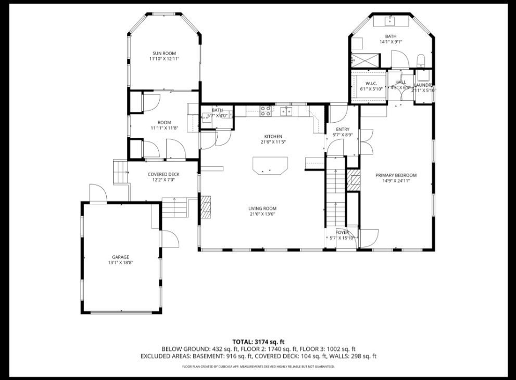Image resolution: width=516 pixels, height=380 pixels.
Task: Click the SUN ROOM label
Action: tap(163, 53)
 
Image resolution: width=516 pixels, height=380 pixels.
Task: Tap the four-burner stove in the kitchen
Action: tap(265, 111)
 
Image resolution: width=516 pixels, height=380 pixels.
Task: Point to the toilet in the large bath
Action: tap(421, 60)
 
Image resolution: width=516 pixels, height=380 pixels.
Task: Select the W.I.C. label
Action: tap(371, 83)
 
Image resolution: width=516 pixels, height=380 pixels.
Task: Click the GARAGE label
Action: tap(120, 257)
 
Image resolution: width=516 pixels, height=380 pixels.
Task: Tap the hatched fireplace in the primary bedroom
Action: tap(354, 180)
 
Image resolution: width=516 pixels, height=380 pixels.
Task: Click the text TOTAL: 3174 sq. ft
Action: tap(258, 342)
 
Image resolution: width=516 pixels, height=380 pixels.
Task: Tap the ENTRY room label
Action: tap(342, 129)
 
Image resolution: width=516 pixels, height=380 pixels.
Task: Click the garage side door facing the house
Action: tap(170, 239)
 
